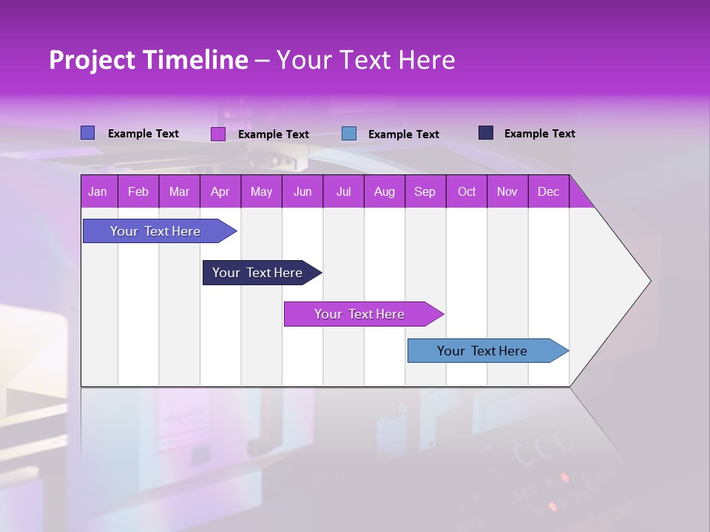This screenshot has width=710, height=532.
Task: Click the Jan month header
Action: point(98,191)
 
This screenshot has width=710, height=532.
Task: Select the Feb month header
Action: point(138,191)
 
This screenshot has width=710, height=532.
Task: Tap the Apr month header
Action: point(220,191)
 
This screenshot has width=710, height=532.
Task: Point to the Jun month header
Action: point(302,191)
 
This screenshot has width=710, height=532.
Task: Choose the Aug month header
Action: point(385,191)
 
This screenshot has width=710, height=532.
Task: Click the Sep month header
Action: point(425,191)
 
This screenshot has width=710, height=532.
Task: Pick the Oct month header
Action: point(467,191)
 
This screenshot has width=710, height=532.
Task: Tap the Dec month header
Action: point(549,191)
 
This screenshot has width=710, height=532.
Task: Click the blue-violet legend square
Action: point(88,133)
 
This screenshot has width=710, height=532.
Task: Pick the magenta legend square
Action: point(218,134)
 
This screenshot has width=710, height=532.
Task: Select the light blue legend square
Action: point(349,134)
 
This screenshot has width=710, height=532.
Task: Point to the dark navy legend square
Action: point(486,133)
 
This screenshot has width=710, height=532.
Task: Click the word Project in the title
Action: point(92,60)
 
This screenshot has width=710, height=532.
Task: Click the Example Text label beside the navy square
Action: point(539,134)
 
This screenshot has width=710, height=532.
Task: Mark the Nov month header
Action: point(507,191)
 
